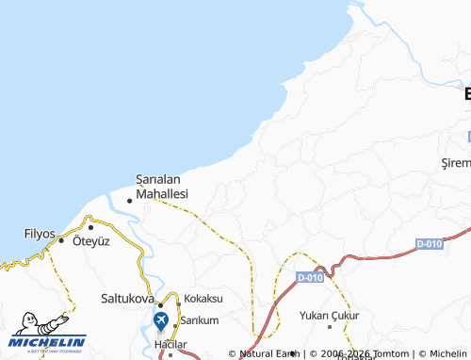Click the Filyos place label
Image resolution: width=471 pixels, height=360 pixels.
pyautogui.click(x=40, y=232)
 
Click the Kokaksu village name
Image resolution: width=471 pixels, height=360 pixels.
pyautogui.click(x=203, y=298)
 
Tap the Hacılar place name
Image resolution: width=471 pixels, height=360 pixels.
pyautogui.click(x=171, y=347)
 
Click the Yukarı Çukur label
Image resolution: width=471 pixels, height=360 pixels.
pyautogui.click(x=331, y=315)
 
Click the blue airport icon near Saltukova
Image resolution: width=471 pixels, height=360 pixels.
pyautogui.click(x=161, y=320)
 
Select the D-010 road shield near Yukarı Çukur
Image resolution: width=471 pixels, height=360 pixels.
pyautogui.click(x=309, y=278)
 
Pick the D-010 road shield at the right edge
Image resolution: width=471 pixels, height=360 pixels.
pyautogui.click(x=429, y=243)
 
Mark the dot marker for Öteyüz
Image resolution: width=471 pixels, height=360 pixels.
pyautogui.click(x=90, y=227)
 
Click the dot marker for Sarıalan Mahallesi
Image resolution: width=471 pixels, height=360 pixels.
pyautogui.click(x=129, y=200)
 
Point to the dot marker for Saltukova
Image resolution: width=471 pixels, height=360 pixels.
pyautogui.click(x=161, y=304)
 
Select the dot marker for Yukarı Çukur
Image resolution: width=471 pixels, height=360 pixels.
pyautogui.click(x=330, y=326)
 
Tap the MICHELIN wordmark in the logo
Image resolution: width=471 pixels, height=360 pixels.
pyautogui.click(x=48, y=342)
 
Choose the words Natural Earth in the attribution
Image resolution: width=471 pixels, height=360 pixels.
pyautogui.click(x=269, y=354)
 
